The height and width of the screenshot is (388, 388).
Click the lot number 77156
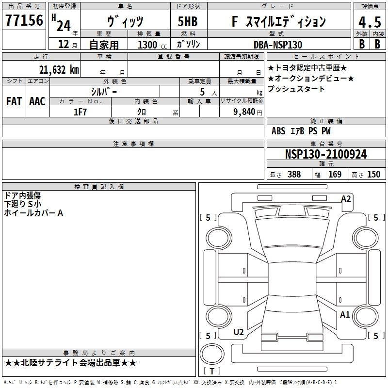tap(24, 20)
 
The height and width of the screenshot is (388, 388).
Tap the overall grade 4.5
tap(370, 22)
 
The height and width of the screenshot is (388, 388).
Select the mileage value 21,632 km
tap(59, 70)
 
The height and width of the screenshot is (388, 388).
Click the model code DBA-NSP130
tap(278, 45)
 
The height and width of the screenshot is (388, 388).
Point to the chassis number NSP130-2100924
tap(326, 154)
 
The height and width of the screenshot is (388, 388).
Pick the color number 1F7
tap(80, 112)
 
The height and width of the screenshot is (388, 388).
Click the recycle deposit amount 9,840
tap(244, 112)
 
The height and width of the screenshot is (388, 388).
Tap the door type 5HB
tap(188, 21)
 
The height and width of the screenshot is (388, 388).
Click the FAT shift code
tap(14, 101)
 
